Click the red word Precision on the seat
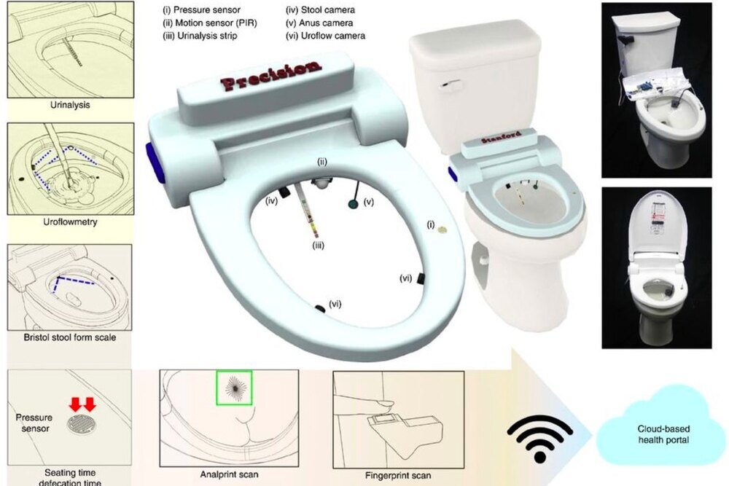click(x=270, y=75)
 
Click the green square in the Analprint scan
click(x=234, y=387)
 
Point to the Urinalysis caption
click(x=70, y=105)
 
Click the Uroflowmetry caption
click(x=70, y=222)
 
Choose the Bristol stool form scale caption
click(x=70, y=337)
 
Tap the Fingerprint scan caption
click(x=398, y=476)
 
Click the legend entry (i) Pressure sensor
click(x=201, y=9)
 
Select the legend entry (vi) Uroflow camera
click(x=325, y=36)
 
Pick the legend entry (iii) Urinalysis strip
click(x=200, y=36)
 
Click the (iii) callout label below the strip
click(x=318, y=246)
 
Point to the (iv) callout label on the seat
click(x=271, y=202)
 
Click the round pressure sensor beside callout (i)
click(x=443, y=229)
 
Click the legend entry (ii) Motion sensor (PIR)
click(x=210, y=23)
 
